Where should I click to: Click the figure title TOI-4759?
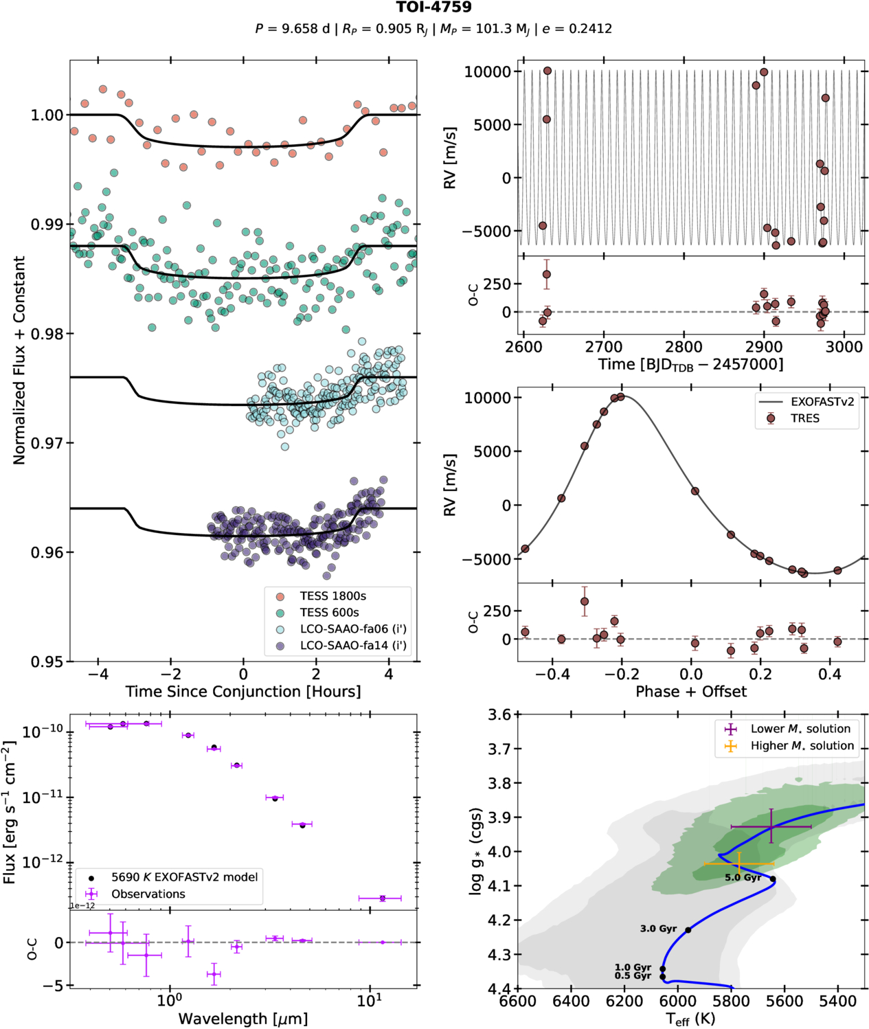click(x=433, y=8)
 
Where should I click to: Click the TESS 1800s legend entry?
click(x=332, y=596)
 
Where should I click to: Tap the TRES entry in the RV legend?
click(x=804, y=418)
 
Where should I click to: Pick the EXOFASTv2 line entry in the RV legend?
click(x=822, y=402)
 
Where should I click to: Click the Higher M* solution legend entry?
click(x=802, y=746)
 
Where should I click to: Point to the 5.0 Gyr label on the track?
click(x=743, y=878)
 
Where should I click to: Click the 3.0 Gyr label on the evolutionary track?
click(x=658, y=929)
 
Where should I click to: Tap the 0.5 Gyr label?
click(x=633, y=975)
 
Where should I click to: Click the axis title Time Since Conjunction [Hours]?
click(x=243, y=692)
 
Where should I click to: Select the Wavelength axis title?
click(x=243, y=1019)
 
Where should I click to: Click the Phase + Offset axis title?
click(x=690, y=692)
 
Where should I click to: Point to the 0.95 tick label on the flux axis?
click(x=47, y=661)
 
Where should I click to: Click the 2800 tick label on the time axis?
click(x=684, y=348)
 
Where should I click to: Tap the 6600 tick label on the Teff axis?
click(x=517, y=1002)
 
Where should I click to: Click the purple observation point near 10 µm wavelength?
click(x=382, y=898)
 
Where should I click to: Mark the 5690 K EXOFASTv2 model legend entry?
click(x=184, y=877)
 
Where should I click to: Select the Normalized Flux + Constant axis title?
click(x=19, y=360)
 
